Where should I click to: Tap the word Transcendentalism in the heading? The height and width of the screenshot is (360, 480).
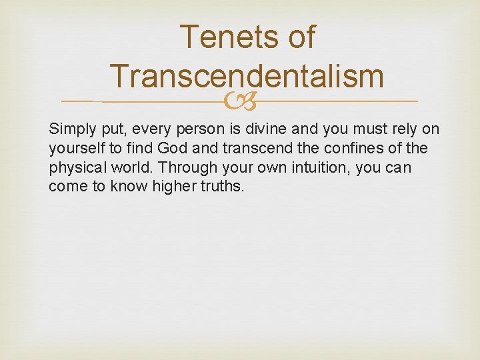[x=247, y=76]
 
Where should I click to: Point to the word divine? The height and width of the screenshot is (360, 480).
[x=270, y=129]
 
